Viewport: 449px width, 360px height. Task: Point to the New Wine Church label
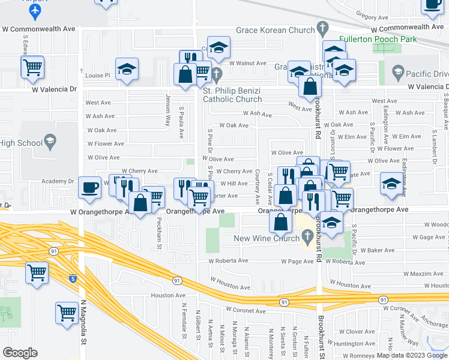[267, 238]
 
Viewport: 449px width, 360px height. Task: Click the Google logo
[20, 353]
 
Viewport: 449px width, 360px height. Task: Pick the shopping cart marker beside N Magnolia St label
[67, 311]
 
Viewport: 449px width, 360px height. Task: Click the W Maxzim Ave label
[410, 274]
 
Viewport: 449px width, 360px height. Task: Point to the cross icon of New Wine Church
[308, 238]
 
